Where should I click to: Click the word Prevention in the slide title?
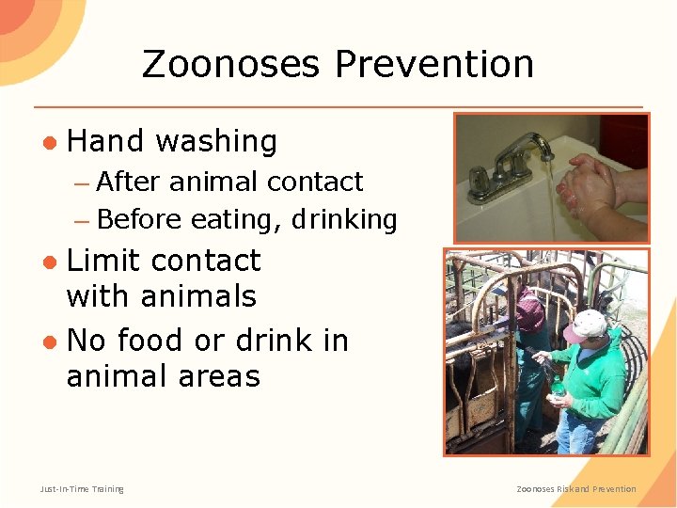(434, 65)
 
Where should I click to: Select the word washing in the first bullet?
(216, 142)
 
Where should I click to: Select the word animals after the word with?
(197, 296)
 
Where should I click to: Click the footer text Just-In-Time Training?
(82, 488)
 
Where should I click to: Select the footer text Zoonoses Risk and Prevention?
(576, 488)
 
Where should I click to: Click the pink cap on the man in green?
(584, 325)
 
